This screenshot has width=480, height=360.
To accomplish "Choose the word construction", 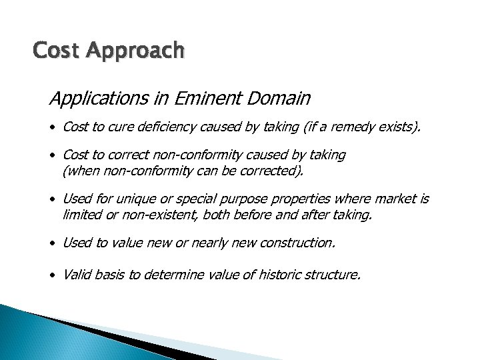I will (x=298, y=243).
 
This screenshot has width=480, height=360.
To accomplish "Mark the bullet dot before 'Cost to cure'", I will (x=53, y=127).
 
